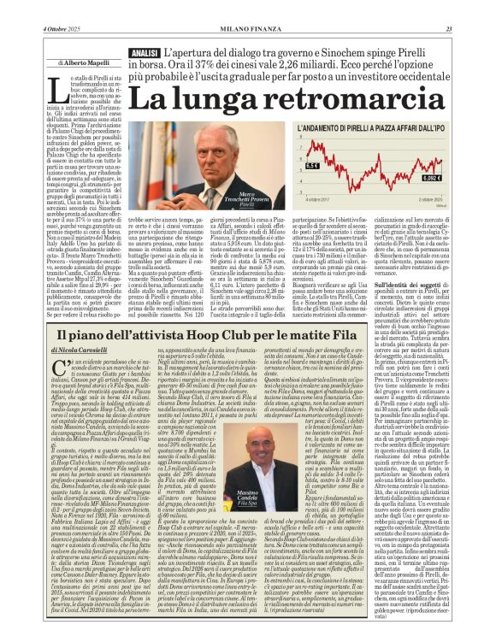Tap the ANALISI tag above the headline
pyautogui.click(x=144, y=53)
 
